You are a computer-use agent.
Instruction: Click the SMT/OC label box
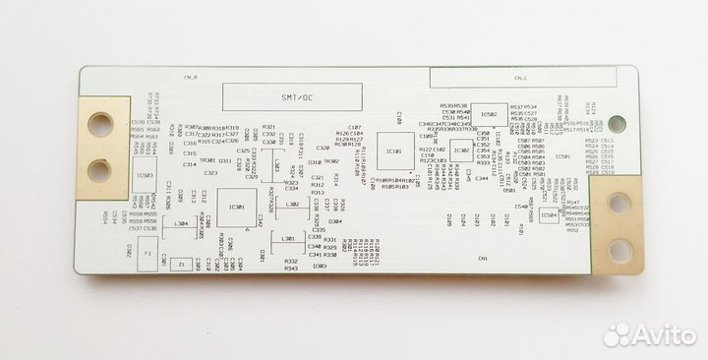click(274, 97)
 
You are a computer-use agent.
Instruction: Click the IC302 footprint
click(460, 150)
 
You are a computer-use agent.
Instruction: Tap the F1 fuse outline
click(148, 255)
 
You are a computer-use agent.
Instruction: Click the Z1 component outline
click(180, 264)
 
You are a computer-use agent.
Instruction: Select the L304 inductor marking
click(180, 224)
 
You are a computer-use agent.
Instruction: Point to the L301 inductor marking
click(287, 239)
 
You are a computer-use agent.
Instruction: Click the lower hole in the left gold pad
click(99, 170)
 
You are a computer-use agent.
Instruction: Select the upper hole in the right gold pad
click(619, 204)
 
